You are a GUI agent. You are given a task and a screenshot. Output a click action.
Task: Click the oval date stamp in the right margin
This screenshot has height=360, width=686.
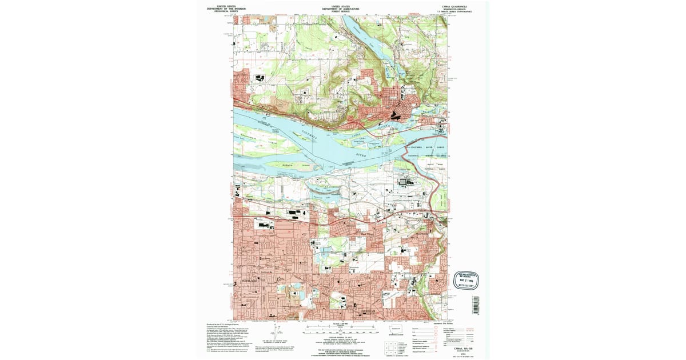click(x=465, y=279)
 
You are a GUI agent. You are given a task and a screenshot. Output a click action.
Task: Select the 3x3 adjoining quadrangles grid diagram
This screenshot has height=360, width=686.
click(x=390, y=347)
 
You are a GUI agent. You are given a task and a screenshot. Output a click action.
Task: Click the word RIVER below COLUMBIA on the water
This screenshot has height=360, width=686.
click(x=360, y=154)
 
